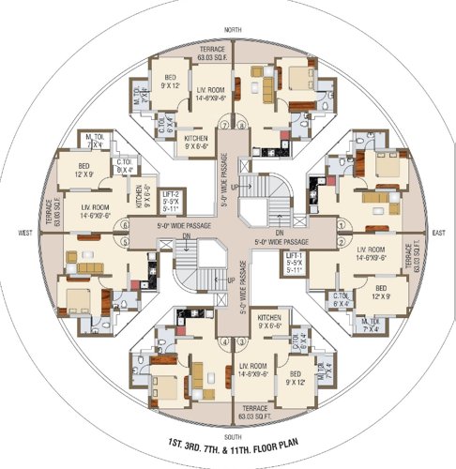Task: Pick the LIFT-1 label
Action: (x=294, y=260)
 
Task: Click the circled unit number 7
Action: (x=221, y=125)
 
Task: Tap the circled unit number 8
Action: (x=242, y=125)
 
